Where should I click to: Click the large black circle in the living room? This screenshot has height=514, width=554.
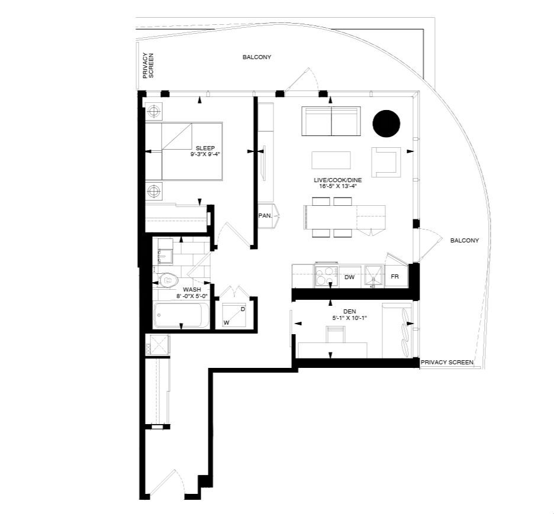386,123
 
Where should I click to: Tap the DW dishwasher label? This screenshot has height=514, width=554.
349,277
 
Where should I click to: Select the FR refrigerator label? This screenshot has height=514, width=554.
395,277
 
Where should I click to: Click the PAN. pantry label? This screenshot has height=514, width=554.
265,215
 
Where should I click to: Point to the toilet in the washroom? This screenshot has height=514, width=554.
167,280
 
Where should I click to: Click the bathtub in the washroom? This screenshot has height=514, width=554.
182,315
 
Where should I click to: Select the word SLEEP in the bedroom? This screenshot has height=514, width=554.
205,148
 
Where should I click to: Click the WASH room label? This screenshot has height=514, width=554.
192,290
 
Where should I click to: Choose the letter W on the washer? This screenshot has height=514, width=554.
227,322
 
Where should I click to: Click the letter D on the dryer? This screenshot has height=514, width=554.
243,309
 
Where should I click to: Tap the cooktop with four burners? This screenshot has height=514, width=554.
326,276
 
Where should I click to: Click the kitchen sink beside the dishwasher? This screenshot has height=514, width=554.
373,276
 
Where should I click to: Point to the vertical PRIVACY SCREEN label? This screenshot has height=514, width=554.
148,66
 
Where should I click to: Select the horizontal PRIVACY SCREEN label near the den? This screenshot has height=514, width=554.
447,362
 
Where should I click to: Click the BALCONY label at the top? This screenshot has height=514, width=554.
257,57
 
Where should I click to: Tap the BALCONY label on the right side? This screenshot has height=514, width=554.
465,240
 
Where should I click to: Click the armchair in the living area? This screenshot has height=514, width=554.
386,162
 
